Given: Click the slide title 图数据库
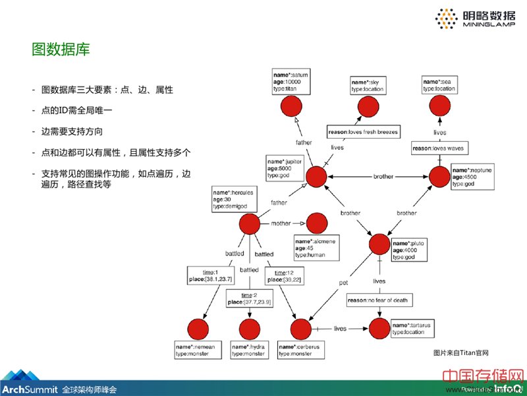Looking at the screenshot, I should coord(61,49).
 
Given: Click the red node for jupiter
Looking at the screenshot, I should coord(318,176).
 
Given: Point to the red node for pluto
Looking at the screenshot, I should coord(380,245).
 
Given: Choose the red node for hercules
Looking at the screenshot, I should coord(250,224).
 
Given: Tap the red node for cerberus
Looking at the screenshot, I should coord(300,329).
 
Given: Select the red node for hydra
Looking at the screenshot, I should coord(250,329).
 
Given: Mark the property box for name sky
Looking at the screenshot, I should coord(369,84).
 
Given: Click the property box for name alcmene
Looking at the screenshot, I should coord(315,247).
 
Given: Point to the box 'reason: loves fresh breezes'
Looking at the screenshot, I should coord(363,132).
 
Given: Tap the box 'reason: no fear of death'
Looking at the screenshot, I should coord(378,300).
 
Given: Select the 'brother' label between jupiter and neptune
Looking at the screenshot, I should coord(383,177).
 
